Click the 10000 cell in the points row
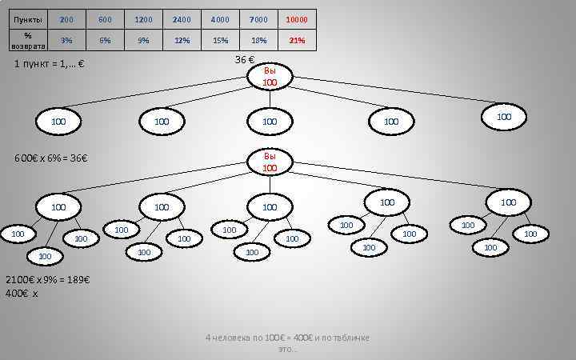pos(296,19)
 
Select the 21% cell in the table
pos(296,40)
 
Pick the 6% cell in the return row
pos(105,40)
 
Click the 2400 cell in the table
pos(182,19)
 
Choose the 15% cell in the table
pos(220,40)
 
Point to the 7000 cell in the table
pos(258,19)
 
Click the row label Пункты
pos(28,19)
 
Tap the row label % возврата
pos(28,40)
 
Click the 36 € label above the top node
pos(245,61)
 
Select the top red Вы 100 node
pos(270,77)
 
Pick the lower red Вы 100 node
pos(270,162)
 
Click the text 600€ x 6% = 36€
pos(50,158)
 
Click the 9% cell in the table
pos(143,40)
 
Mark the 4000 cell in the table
pos(220,19)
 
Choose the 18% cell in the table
pos(258,40)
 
